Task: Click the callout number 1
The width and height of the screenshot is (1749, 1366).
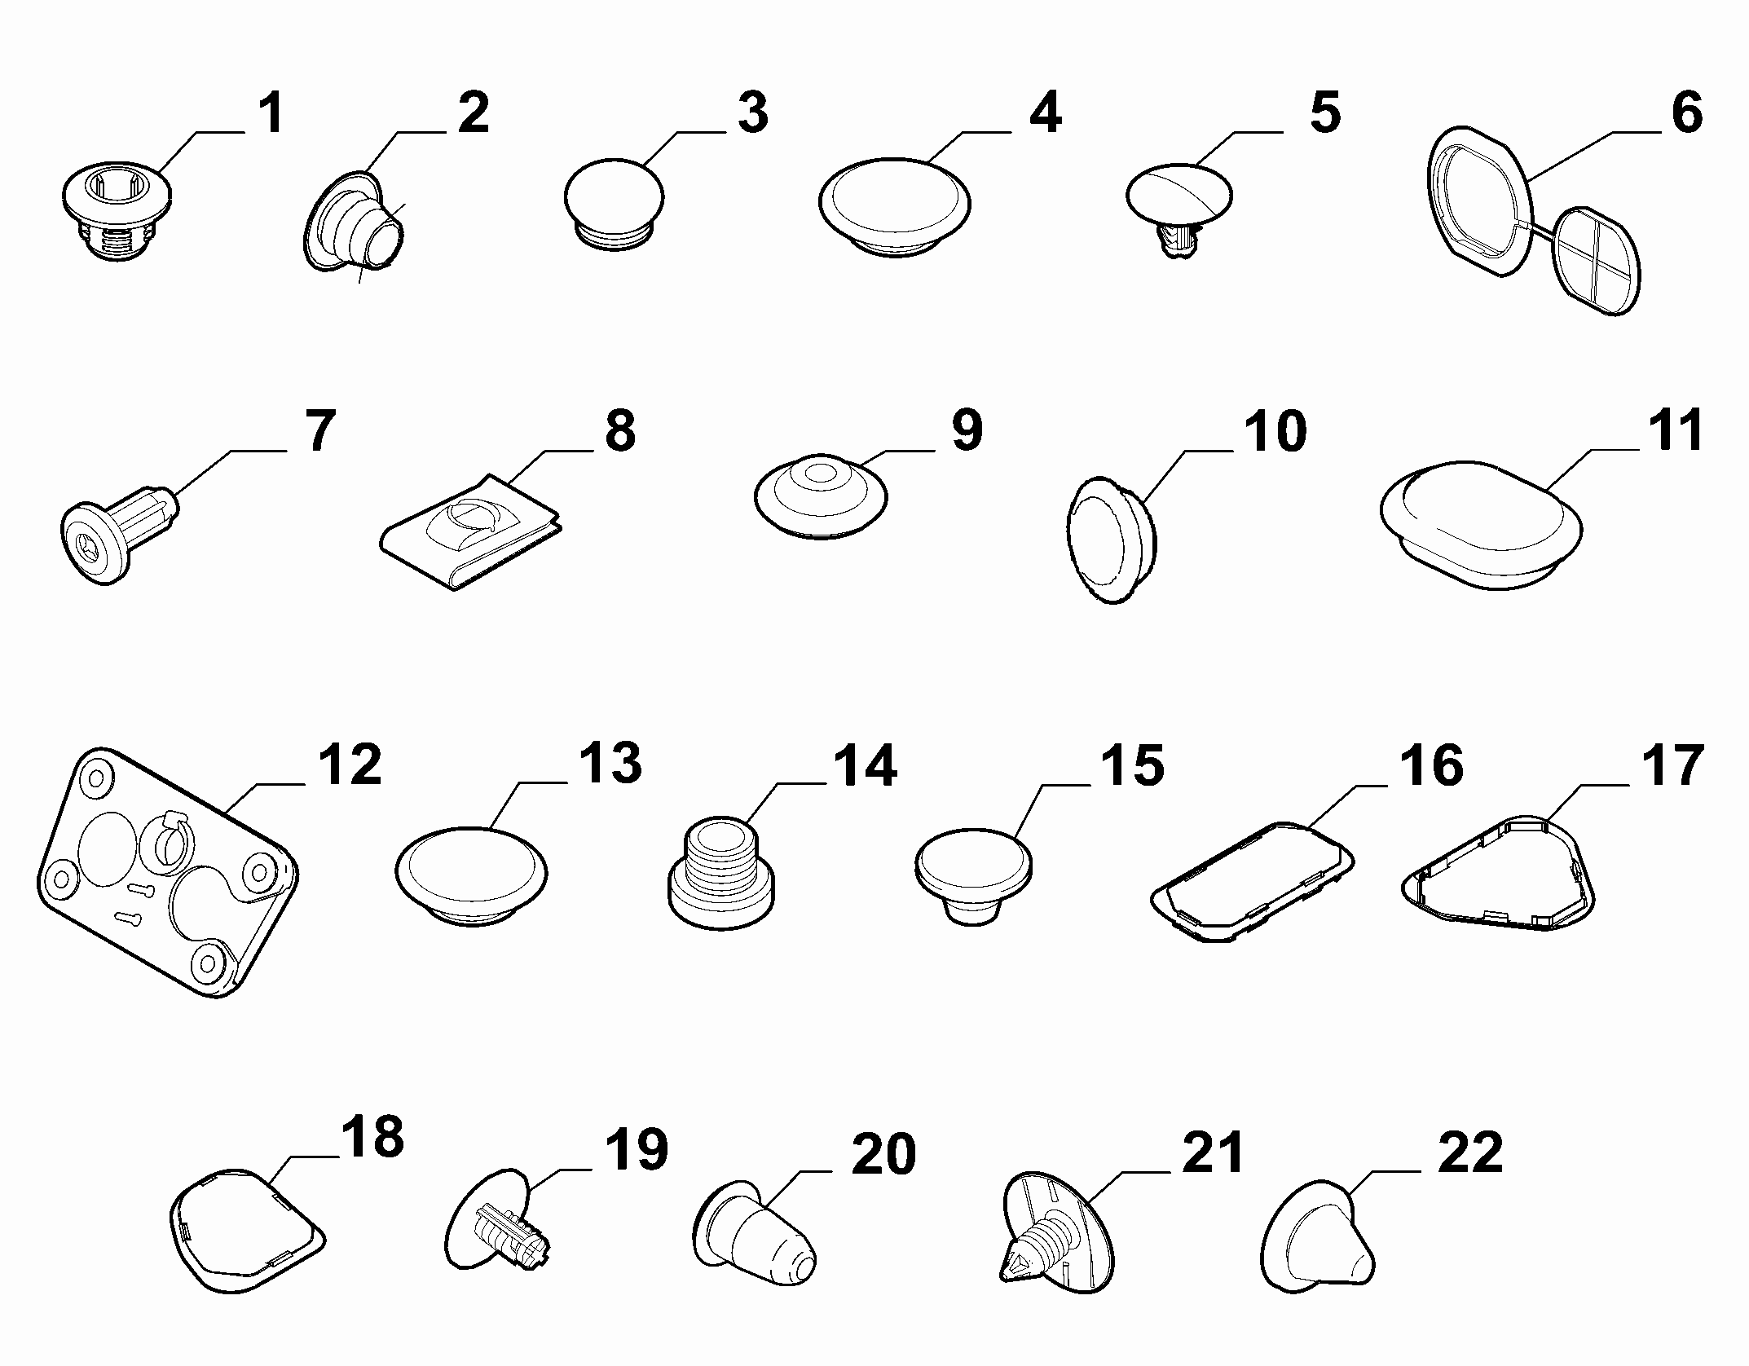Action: [271, 113]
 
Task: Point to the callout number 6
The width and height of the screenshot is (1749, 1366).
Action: [1687, 113]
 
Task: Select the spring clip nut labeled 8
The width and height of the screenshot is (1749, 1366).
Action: [471, 530]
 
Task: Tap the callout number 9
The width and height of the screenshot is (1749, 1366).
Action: [967, 430]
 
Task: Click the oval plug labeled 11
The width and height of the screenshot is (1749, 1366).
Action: [1481, 522]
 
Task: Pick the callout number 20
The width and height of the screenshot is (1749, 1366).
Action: [883, 1152]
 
